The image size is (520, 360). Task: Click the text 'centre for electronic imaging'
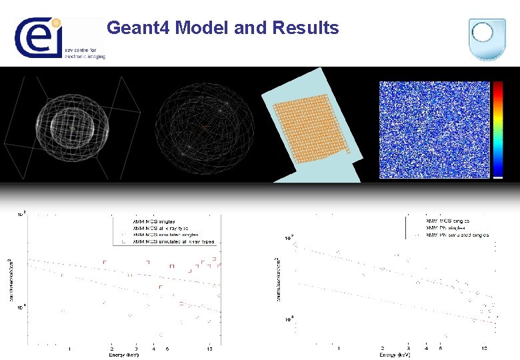[85, 53]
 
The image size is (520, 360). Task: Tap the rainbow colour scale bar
[498, 129]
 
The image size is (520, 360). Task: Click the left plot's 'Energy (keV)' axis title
[125, 355]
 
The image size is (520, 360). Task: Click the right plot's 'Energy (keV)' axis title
[395, 355]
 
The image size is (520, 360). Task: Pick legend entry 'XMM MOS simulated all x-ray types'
[173, 241]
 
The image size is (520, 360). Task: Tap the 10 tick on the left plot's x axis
[209, 349]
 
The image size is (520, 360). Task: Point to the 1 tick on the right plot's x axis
[339, 349]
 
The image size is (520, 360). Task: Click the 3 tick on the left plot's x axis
[136, 349]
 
